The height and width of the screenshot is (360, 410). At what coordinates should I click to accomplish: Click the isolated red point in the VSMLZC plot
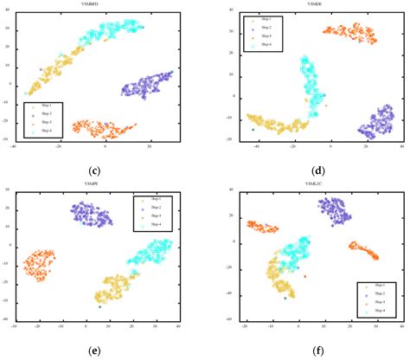pyautogui.click(x=304, y=277)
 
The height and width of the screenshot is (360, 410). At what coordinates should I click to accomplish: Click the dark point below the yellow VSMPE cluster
pyautogui.click(x=100, y=307)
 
